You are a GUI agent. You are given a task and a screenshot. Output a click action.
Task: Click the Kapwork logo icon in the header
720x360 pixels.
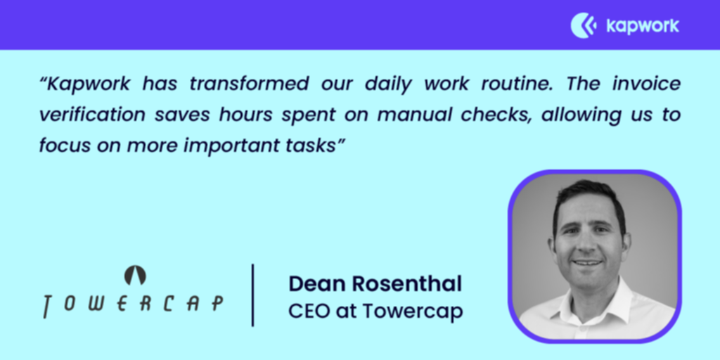(583, 25)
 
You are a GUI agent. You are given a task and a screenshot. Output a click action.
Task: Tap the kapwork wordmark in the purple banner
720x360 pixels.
(643, 26)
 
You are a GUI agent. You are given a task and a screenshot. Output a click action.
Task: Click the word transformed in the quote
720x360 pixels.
(249, 84)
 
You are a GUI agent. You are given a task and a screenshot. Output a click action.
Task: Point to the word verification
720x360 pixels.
(93, 115)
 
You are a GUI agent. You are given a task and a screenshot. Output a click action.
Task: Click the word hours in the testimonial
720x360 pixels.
(247, 115)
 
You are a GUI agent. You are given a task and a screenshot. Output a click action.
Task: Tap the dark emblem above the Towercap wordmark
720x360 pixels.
(135, 276)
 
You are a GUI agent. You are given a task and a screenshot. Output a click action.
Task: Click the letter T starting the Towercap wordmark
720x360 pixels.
(48, 307)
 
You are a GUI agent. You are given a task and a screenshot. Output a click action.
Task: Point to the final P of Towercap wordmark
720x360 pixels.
(217, 304)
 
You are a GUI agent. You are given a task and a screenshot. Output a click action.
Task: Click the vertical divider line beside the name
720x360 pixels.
(252, 295)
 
